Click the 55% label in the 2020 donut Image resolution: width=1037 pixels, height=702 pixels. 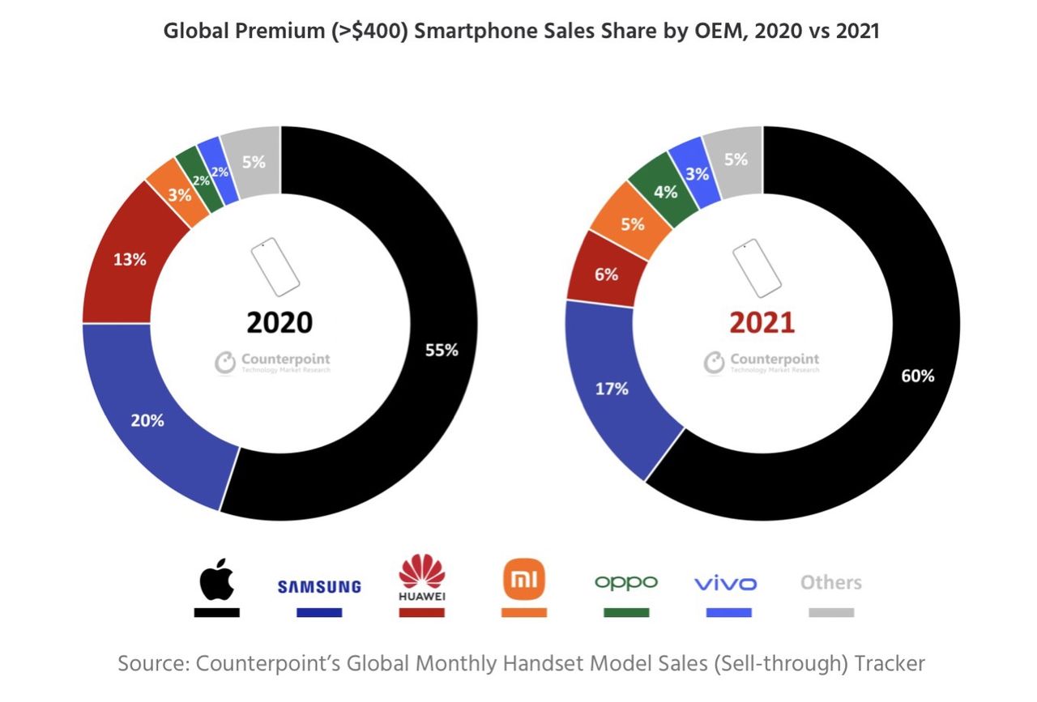(442, 350)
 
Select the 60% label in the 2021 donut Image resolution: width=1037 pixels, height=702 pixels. (917, 375)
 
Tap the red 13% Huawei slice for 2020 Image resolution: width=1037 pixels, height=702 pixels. (130, 260)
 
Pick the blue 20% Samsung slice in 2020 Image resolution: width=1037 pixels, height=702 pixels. (147, 420)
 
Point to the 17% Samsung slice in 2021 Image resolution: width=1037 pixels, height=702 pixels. (612, 389)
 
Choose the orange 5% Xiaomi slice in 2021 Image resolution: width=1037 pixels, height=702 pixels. (632, 223)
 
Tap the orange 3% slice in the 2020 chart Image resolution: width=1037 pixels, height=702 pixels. (179, 194)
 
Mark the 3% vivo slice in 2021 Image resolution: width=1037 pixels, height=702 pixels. (697, 173)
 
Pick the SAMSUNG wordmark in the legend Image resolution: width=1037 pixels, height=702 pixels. (319, 586)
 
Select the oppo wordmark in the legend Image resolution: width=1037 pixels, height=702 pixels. (625, 582)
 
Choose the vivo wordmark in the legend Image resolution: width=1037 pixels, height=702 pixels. (726, 583)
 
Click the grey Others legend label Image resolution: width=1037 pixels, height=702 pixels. (830, 582)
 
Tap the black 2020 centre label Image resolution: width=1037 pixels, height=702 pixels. (279, 321)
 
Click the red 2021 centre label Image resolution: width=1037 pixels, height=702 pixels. (762, 321)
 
